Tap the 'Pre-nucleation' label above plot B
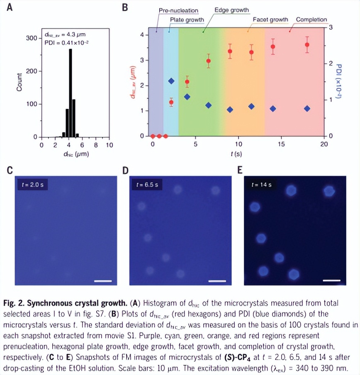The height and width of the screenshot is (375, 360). pyautogui.click(x=178, y=10)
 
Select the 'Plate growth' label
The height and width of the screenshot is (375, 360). pyautogui.click(x=187, y=19)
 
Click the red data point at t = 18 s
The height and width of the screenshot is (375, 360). pyautogui.click(x=307, y=45)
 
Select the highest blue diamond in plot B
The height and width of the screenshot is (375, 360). pyautogui.click(x=171, y=81)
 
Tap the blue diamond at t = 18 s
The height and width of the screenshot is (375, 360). pyautogui.click(x=307, y=108)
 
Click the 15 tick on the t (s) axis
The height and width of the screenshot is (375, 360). pyautogui.click(x=281, y=144)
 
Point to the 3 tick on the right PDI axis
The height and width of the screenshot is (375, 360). pyautogui.click(x=331, y=27)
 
